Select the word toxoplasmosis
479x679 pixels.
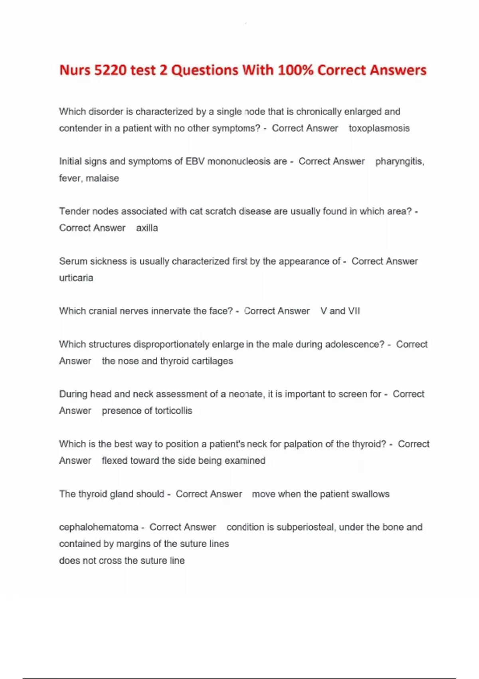pos(379,128)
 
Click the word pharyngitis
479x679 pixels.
pos(399,161)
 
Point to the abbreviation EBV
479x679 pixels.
pos(195,161)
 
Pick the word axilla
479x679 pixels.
pos(147,228)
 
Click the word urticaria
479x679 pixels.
pos(76,278)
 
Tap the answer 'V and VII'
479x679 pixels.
pos(340,311)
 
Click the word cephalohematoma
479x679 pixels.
pos(98,527)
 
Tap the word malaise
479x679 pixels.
pos(102,178)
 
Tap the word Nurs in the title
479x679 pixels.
pos(75,70)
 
